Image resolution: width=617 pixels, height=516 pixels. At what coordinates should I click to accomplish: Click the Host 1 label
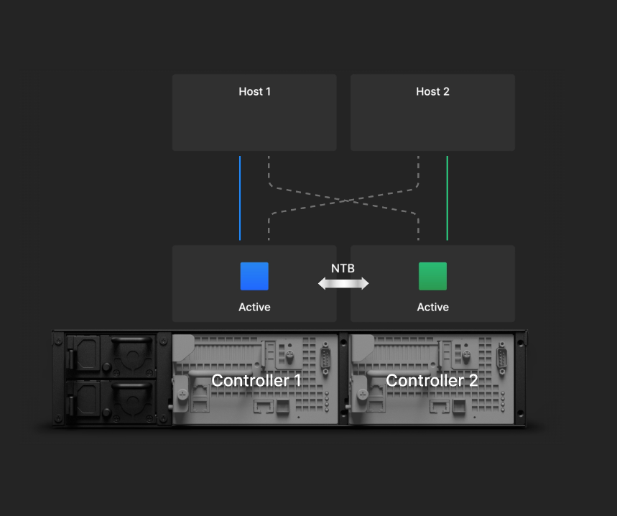(x=254, y=91)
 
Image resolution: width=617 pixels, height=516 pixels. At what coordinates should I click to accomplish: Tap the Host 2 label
(x=432, y=91)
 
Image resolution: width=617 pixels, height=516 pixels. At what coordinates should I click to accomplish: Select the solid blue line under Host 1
(x=240, y=198)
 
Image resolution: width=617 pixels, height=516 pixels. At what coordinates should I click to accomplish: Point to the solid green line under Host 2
(x=447, y=198)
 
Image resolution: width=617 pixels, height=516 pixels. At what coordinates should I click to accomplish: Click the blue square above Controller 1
(x=254, y=276)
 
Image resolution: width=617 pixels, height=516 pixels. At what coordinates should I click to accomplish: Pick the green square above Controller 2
(x=433, y=276)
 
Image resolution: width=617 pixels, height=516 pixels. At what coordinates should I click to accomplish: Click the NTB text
(x=343, y=269)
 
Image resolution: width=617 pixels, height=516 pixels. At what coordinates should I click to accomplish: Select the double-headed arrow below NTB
(x=343, y=283)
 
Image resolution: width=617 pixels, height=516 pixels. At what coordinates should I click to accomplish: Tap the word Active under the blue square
(x=254, y=307)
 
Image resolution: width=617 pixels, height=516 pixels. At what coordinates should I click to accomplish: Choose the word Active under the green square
(x=433, y=307)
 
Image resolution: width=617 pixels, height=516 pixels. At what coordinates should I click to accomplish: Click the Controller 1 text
(x=256, y=380)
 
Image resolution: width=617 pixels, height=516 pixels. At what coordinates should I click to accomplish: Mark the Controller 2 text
(x=432, y=380)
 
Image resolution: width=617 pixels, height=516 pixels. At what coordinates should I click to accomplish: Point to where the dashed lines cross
(x=345, y=201)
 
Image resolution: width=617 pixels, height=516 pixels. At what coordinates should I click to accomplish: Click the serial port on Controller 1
(x=325, y=359)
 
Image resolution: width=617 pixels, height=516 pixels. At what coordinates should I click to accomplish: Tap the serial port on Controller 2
(x=502, y=359)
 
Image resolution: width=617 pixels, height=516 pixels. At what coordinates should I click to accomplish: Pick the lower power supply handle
(x=132, y=386)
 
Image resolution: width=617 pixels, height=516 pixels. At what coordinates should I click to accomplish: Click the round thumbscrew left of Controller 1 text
(x=182, y=394)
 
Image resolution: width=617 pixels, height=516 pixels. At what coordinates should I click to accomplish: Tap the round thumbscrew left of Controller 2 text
(x=362, y=394)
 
